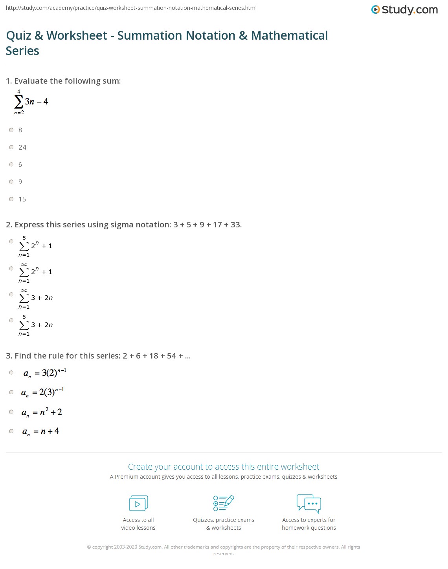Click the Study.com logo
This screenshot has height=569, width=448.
[x=404, y=10]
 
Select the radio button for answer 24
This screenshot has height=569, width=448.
[x=11, y=147]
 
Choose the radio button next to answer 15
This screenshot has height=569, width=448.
[x=11, y=199]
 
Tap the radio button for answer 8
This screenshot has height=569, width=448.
[x=11, y=130]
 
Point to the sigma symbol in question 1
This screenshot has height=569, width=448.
[x=18, y=102]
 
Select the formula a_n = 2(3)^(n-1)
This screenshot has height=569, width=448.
[x=42, y=392]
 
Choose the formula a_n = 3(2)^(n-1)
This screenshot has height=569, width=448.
[x=45, y=373]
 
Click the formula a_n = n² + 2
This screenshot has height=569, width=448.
[x=42, y=412]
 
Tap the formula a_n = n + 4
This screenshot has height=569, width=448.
[x=41, y=431]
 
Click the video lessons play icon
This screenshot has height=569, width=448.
[x=138, y=503]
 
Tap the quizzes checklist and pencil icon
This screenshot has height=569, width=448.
[x=224, y=503]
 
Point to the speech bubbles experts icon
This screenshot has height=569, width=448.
[x=309, y=503]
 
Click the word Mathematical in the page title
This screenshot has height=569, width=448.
[x=289, y=36]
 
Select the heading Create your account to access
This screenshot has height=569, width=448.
[x=223, y=467]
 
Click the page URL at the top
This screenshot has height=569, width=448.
[x=131, y=8]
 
